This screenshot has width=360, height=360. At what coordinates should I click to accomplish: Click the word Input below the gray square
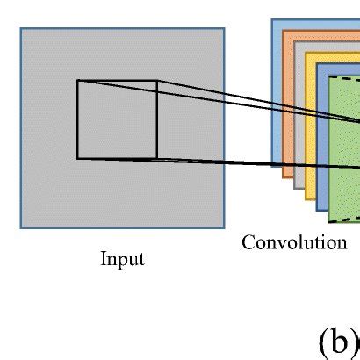click(122, 260)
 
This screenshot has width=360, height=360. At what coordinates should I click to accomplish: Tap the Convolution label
click(294, 242)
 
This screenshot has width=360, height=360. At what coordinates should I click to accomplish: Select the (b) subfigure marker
click(338, 342)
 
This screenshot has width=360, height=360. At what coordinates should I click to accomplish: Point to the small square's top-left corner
click(77, 81)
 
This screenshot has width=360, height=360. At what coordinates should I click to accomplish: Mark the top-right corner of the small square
click(157, 81)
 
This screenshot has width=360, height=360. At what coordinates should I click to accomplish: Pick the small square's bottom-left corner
click(77, 159)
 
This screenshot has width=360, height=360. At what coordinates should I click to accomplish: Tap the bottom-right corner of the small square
click(157, 159)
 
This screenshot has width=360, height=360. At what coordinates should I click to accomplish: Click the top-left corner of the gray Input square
click(21, 28)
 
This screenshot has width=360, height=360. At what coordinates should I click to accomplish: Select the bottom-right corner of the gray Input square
click(224, 227)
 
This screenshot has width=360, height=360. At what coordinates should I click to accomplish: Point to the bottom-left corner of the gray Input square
click(21, 227)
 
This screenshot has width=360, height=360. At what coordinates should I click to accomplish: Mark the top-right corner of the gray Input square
click(224, 28)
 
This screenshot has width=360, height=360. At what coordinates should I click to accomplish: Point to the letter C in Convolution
click(248, 242)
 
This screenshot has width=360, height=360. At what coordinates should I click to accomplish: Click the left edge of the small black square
click(77, 120)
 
